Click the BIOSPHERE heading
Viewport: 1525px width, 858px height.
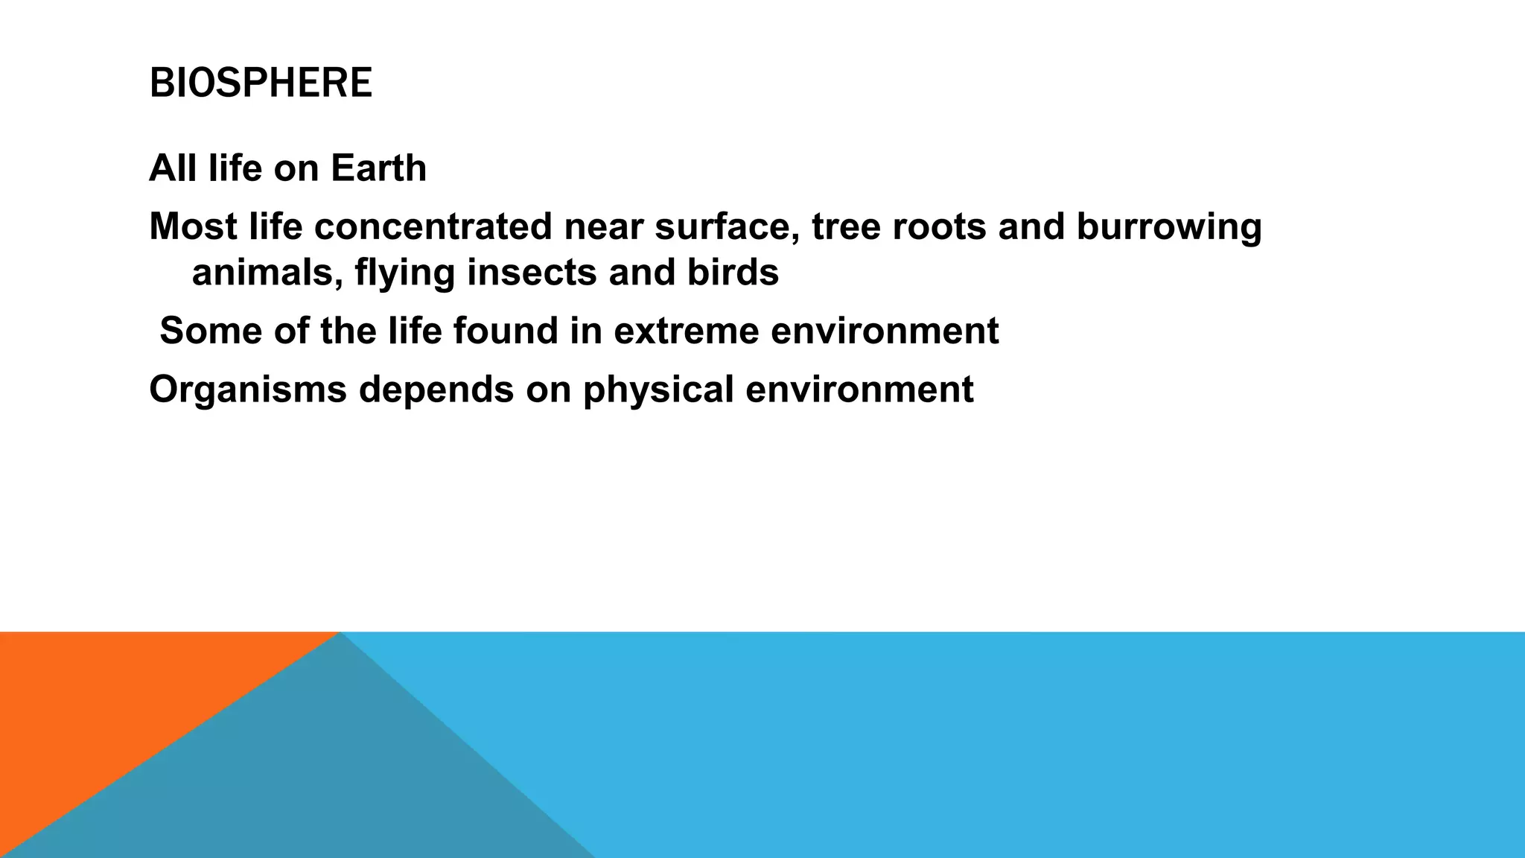pyautogui.click(x=261, y=83)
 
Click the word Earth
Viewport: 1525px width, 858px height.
pyautogui.click(x=378, y=168)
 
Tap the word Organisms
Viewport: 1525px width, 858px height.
pyautogui.click(x=248, y=390)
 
